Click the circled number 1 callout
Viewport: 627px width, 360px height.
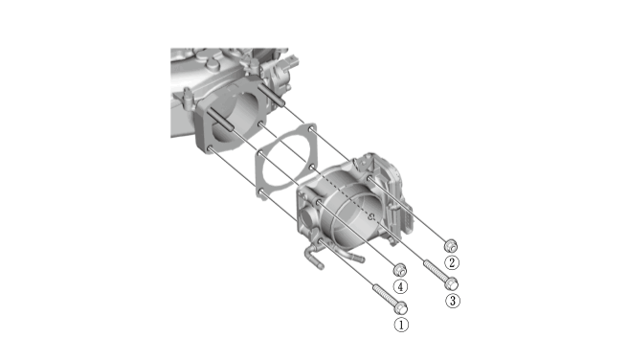point(401,325)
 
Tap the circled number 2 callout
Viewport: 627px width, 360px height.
point(452,262)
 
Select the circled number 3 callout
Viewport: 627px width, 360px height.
point(452,301)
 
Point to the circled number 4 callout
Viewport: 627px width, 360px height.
point(400,286)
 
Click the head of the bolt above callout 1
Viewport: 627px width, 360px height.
point(401,308)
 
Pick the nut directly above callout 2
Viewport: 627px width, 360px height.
point(451,245)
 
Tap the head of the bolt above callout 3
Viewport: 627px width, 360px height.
point(452,283)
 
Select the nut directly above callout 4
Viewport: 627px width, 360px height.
point(400,270)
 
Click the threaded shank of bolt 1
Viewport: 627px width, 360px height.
point(385,294)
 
